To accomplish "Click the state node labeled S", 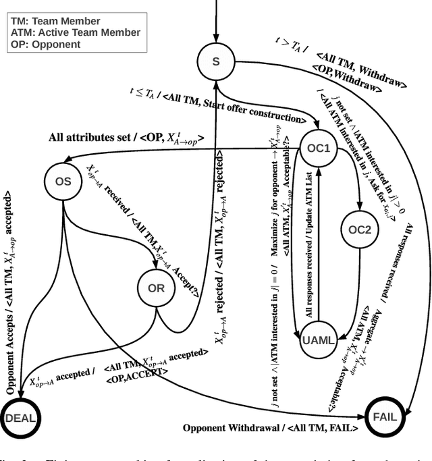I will click(216, 62).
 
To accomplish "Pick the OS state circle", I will click(62, 181).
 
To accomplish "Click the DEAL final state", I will click(21, 417).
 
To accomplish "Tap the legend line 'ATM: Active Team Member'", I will click(75, 32).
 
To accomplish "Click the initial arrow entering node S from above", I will click(216, 20).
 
